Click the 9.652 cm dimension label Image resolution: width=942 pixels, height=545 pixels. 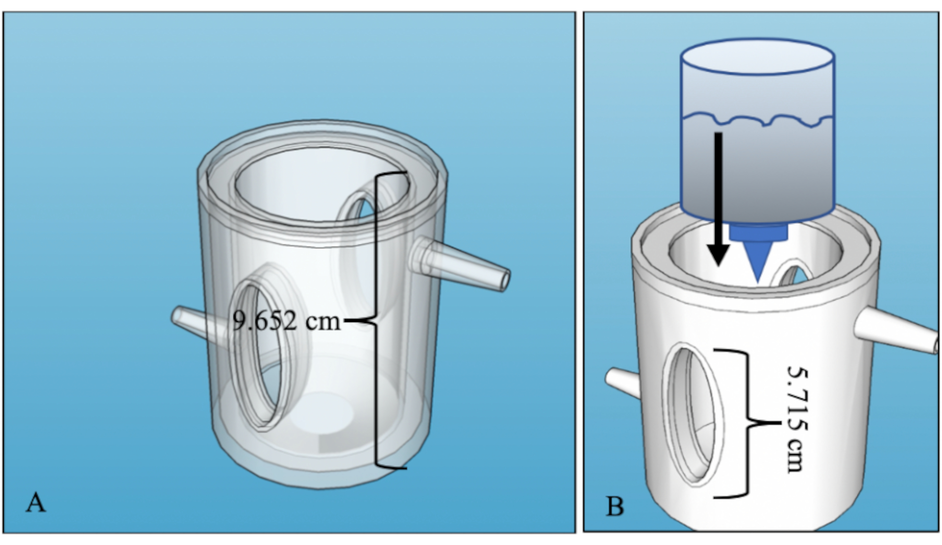pos(286,321)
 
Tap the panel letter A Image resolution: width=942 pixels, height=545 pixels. pos(36,503)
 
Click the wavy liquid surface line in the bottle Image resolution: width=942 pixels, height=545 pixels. pos(757,120)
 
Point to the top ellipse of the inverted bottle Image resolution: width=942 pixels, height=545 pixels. pos(757,57)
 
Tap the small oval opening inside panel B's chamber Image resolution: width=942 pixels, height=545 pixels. pos(794,276)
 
